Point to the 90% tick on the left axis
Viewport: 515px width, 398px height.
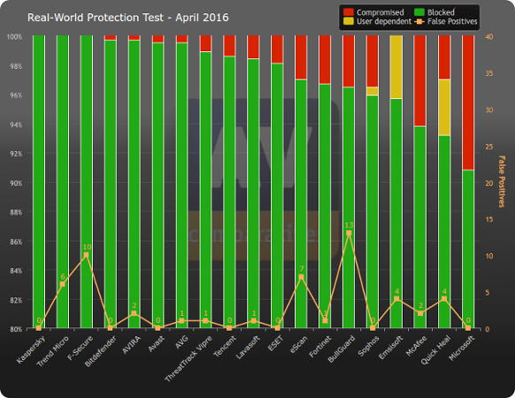[x=15, y=183]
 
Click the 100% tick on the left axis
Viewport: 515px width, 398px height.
[x=15, y=36]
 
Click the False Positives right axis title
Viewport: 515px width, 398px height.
[x=502, y=182]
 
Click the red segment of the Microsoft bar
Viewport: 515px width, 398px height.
[x=468, y=102]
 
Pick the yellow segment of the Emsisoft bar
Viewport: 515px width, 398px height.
[x=396, y=66]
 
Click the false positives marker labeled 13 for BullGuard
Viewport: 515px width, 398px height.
[x=349, y=233]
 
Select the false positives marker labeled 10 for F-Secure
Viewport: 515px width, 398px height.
[x=86, y=256]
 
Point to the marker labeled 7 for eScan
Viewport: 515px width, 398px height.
[x=301, y=277]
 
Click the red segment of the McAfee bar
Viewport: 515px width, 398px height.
[x=420, y=80]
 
